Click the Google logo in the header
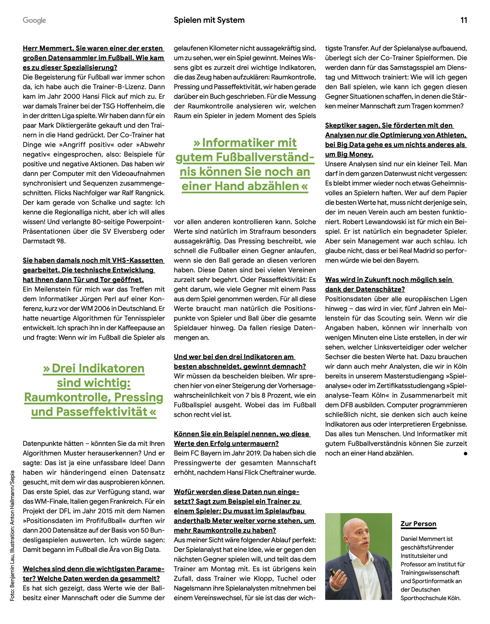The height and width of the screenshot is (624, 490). [34, 20]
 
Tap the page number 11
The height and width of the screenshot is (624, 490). [464, 20]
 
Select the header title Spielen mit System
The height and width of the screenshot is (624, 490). [209, 20]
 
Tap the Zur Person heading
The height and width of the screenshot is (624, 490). [418, 524]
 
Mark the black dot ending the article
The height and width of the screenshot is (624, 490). [465, 454]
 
